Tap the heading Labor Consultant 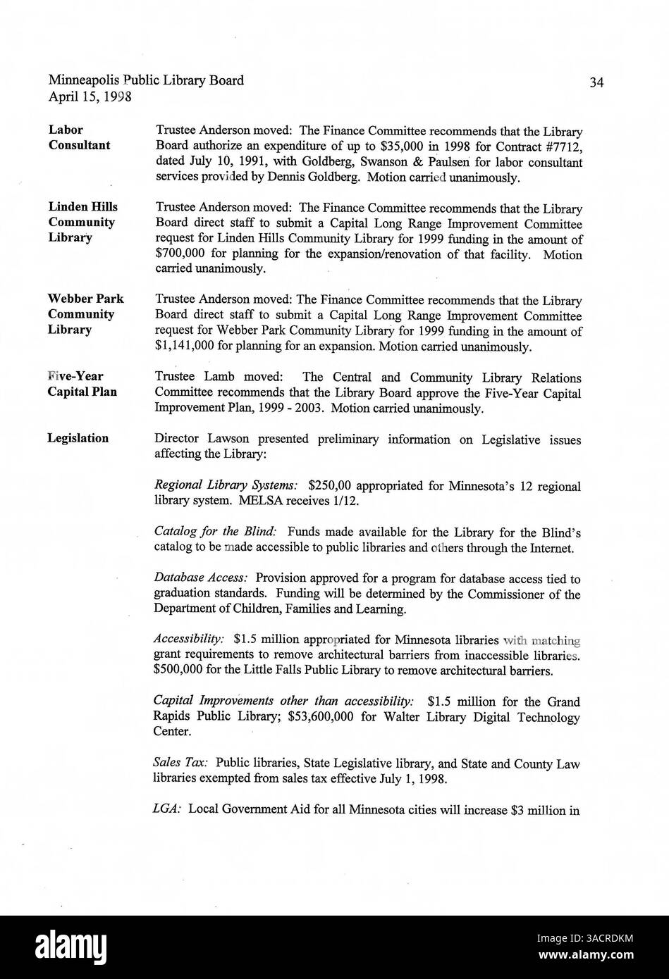[x=79, y=137]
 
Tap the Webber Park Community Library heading [x=85, y=313]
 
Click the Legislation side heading [x=78, y=438]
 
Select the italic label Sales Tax [x=180, y=763]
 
